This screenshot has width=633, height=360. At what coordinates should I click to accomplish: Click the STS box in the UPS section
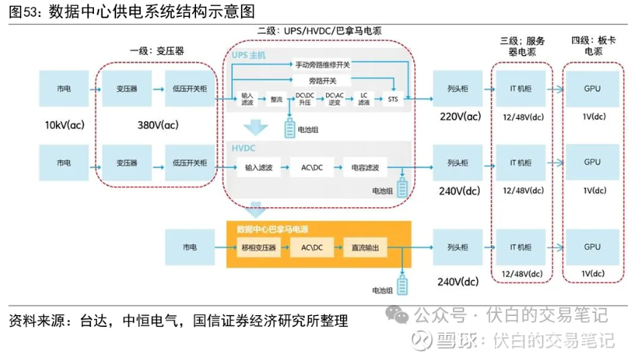point(392,98)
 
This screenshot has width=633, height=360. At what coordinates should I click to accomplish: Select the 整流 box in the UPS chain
point(276,98)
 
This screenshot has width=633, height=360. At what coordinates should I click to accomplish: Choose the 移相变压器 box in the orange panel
point(258,248)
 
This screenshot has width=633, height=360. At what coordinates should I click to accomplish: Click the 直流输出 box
point(365,248)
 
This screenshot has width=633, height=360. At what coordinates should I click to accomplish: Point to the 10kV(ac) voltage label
point(65,125)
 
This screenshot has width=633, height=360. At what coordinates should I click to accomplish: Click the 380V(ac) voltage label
point(157,125)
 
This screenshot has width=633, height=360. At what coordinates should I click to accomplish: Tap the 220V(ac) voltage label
point(460,117)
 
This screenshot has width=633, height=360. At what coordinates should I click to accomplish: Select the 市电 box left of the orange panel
point(189,248)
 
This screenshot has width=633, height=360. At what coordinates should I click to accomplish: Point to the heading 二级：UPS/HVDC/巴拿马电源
point(319,32)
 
